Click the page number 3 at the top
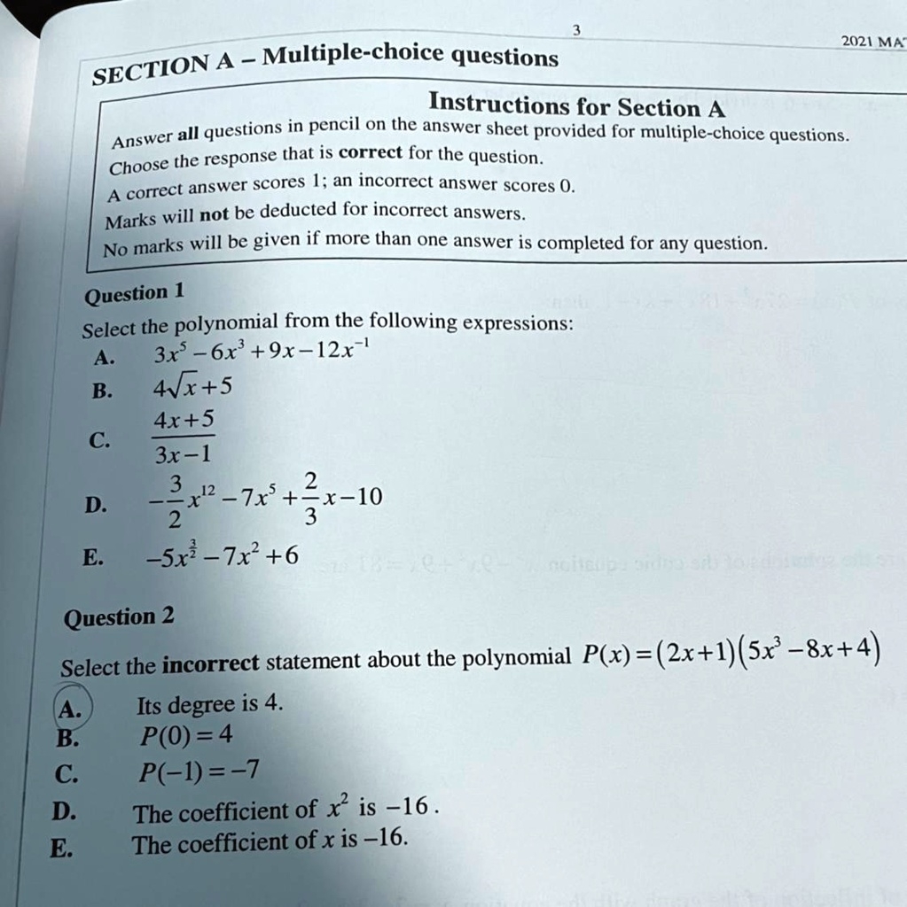tap(576, 31)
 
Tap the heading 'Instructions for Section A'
tap(576, 106)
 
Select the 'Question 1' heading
tap(132, 293)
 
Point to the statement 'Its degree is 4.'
tap(210, 705)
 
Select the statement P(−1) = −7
tap(200, 771)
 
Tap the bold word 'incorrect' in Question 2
tap(212, 663)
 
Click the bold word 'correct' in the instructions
tap(371, 152)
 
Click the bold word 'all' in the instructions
tap(188, 135)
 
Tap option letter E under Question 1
tap(91, 557)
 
